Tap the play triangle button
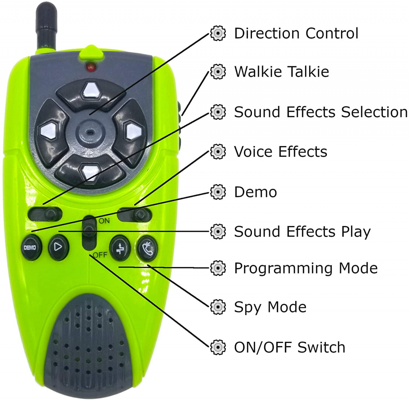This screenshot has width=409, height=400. point(58,247)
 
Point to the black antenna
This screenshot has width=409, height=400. point(47,25)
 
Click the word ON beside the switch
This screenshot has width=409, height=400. point(104,221)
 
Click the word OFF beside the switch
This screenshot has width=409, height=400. point(100,255)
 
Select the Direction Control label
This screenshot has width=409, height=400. point(296,34)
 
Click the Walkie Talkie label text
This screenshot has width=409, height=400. point(281,72)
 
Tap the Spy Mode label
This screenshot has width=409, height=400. point(270,307)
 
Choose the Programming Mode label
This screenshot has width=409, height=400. point(306,268)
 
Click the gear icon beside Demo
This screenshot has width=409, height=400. point(218,192)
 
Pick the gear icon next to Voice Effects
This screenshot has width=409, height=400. point(218,152)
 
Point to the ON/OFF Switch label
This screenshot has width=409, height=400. point(290,347)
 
